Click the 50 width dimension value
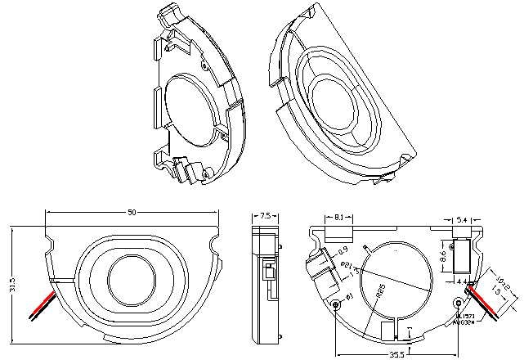click(132, 212)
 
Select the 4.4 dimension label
click(462, 282)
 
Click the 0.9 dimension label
click(343, 250)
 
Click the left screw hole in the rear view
click(337, 305)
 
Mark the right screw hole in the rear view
click(457, 304)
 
